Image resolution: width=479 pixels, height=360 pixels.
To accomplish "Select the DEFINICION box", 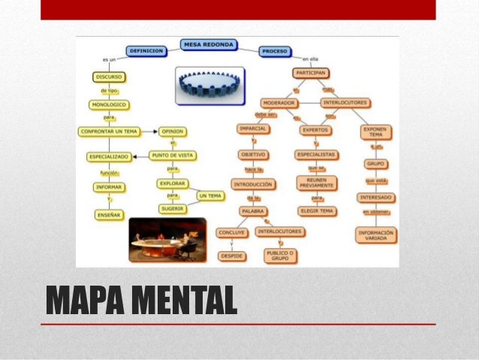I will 146,51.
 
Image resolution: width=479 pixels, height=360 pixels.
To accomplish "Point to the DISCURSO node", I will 110,77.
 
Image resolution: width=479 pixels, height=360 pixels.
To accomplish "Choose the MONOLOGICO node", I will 110,105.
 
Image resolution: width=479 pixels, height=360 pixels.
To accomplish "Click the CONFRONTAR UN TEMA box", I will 110,132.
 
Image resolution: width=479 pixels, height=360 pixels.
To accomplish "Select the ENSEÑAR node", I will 110,214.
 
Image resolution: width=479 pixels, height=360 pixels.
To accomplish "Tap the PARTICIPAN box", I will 310,74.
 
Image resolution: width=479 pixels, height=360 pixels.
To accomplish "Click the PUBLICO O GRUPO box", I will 280,256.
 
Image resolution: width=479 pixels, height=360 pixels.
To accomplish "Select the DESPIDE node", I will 231,256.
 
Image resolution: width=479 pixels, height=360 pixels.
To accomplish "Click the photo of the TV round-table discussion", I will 167,240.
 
